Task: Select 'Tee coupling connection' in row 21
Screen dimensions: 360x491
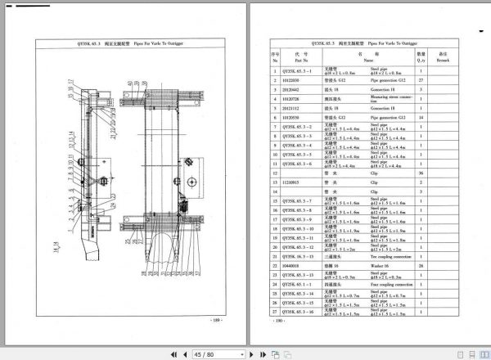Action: (394, 256)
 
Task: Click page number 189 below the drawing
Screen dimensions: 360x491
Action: (216, 320)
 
